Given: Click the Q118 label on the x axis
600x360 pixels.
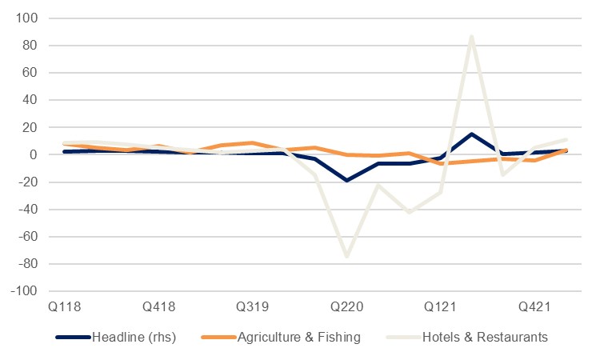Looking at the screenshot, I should click(64, 307).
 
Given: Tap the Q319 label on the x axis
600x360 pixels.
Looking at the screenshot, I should click(253, 307).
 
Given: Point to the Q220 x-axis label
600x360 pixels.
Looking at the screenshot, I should click(346, 307).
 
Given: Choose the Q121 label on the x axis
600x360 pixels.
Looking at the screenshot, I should click(441, 307).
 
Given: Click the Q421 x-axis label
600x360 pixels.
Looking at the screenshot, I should click(534, 307).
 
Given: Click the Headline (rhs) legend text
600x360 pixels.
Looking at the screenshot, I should click(134, 337).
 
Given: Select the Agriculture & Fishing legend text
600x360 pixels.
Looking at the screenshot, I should click(299, 337).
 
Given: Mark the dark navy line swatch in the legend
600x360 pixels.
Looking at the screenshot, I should click(73, 337).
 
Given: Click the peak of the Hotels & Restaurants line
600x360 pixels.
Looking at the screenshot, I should click(472, 36).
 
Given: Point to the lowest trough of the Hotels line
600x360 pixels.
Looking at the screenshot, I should click(346, 256).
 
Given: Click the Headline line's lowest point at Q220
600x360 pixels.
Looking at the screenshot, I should click(346, 181).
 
